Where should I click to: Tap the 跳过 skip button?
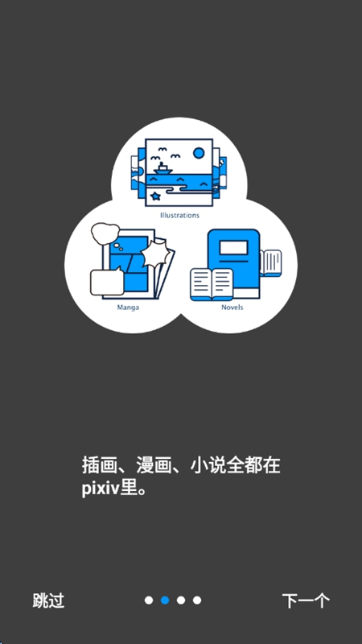48,601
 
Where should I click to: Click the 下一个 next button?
306,601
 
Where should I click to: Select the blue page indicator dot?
165,600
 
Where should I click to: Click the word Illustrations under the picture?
179,215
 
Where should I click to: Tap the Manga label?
128,308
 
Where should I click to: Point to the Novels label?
232,308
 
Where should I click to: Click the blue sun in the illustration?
199,153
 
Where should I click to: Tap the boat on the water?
163,168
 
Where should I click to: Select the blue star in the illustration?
155,196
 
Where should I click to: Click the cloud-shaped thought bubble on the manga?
105,233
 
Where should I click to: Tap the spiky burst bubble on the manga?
155,254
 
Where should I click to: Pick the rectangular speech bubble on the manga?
107,281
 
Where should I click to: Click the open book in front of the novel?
212,284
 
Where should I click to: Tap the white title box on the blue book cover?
233,248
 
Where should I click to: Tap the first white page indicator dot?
149,600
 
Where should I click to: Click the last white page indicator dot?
197,600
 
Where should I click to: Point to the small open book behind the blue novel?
271,263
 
